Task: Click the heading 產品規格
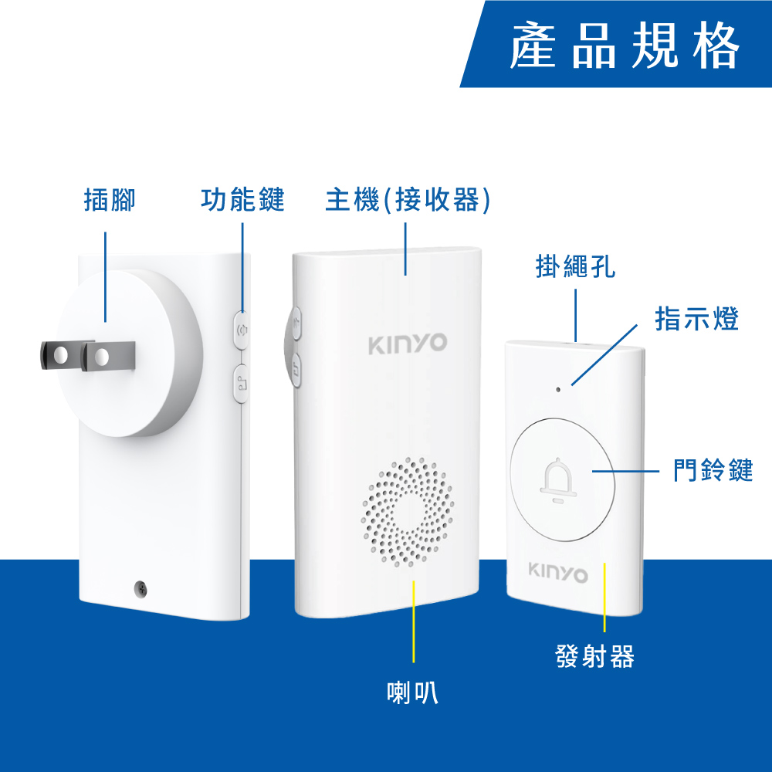tap(625, 45)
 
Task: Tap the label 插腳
tap(110, 200)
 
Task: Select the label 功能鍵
tap(242, 199)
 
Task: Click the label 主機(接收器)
tap(408, 200)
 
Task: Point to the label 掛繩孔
tap(575, 266)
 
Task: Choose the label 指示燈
tap(696, 319)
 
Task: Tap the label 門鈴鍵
tap(713, 469)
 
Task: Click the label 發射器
tap(594, 656)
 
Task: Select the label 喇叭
tap(412, 692)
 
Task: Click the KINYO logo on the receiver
tap(408, 344)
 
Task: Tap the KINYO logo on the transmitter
tap(558, 573)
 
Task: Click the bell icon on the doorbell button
tap(558, 480)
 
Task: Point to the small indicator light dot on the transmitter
tap(558, 389)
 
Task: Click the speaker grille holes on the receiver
tap(408, 512)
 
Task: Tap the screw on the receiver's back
tap(141, 588)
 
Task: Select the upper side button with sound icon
tap(241, 330)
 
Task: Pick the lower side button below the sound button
tap(241, 384)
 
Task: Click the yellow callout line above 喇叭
tap(414, 621)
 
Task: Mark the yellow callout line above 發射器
tap(604, 598)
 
